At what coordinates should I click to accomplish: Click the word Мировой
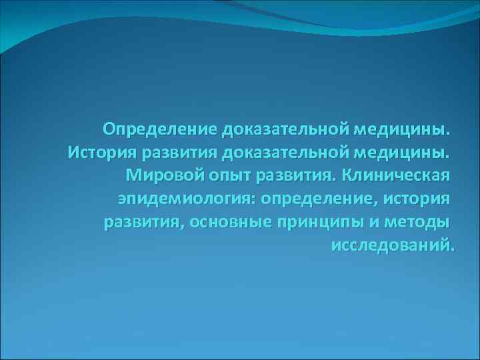click(x=164, y=175)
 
